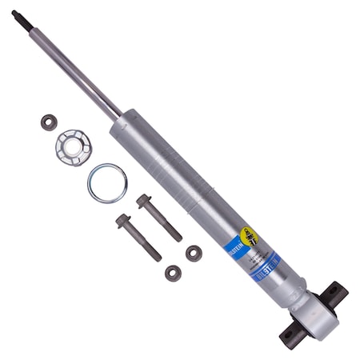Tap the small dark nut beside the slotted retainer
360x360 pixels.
(49, 122)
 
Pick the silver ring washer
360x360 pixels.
(107, 183)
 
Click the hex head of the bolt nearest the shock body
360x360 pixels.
(145, 200)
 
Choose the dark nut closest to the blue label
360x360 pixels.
(194, 253)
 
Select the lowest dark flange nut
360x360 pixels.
(172, 273)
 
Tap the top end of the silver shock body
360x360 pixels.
(120, 126)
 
